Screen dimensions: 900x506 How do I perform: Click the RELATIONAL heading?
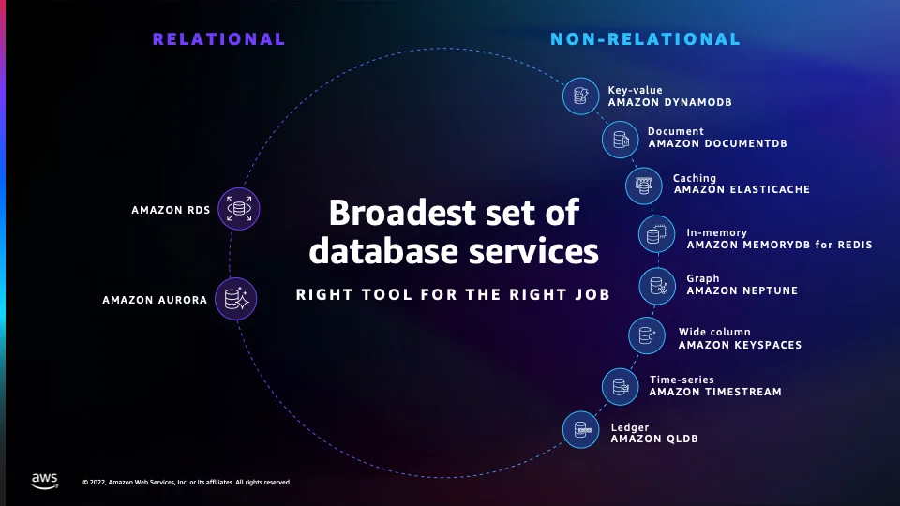[218, 39]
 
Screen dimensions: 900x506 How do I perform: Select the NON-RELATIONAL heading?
[645, 39]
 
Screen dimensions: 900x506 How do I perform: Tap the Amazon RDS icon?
[239, 209]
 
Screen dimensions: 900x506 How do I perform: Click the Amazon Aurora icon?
[236, 299]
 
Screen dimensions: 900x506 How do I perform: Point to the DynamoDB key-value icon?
[581, 96]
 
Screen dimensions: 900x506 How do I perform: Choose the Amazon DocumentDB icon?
[621, 140]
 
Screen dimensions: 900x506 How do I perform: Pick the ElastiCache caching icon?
[644, 186]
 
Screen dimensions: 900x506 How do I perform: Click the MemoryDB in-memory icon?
[656, 234]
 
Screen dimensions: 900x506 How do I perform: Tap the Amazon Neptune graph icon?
[657, 286]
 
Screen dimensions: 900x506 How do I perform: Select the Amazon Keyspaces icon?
[647, 335]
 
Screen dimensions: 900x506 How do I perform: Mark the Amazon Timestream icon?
[621, 387]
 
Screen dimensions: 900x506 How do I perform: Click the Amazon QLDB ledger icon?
[581, 430]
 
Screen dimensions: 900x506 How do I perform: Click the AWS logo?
[45, 482]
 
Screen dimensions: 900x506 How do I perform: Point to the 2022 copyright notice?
[187, 483]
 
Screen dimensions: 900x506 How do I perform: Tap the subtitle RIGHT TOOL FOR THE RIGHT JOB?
[453, 295]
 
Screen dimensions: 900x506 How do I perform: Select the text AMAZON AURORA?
[155, 300]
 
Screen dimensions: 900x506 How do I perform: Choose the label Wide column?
[714, 332]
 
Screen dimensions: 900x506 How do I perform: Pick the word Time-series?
[682, 379]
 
